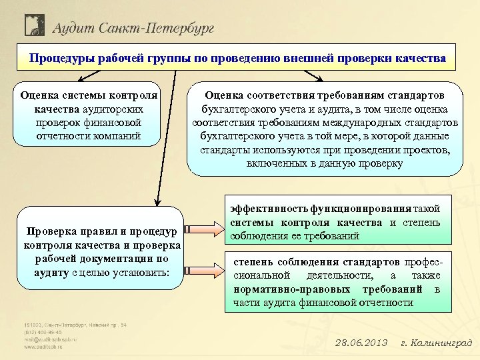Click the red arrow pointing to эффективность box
click(205, 231)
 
